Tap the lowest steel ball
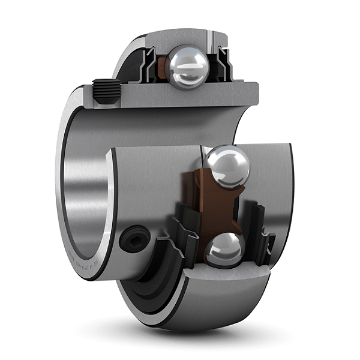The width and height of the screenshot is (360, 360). pos(224,249)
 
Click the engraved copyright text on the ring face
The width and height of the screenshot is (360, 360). pos(90,264)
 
